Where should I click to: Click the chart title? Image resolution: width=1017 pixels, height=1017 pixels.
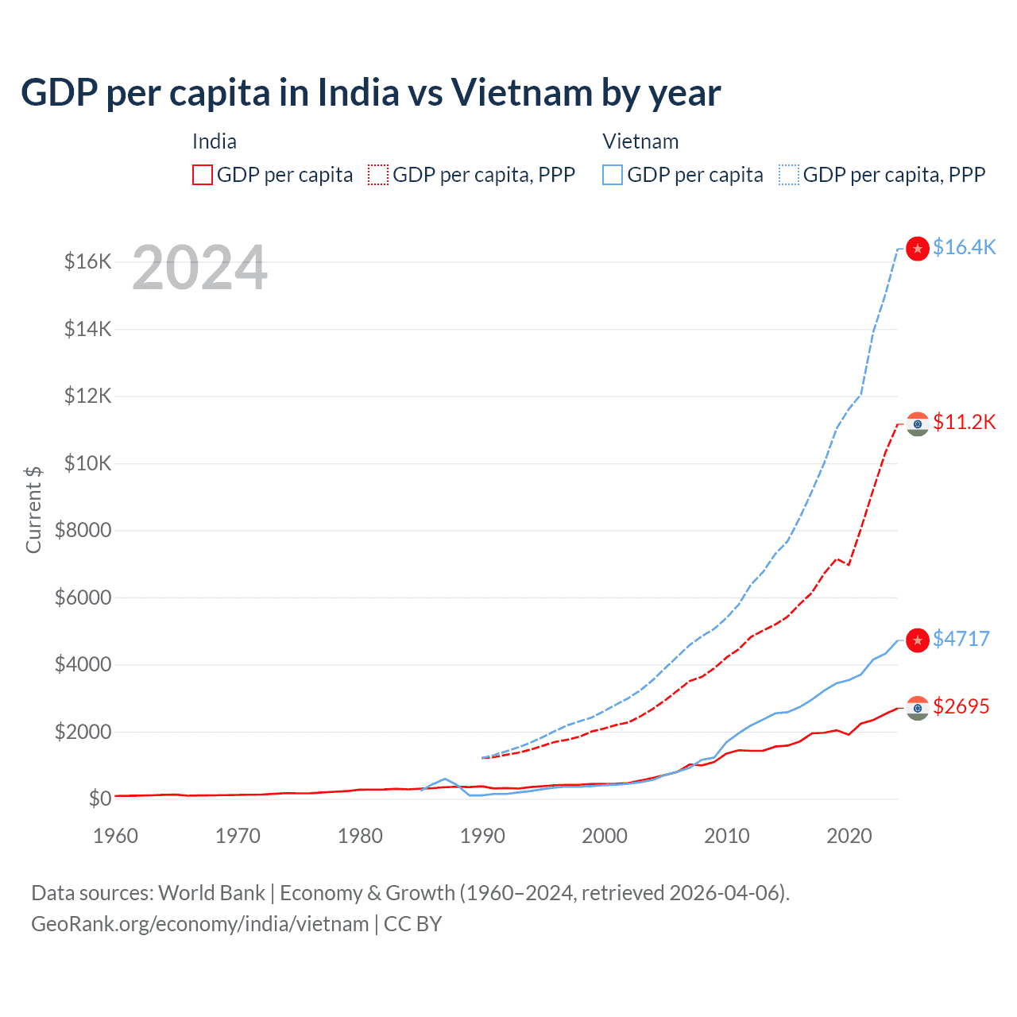point(370,93)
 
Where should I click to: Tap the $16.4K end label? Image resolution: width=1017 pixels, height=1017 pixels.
point(964,248)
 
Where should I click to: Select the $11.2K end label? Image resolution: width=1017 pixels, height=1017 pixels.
point(964,422)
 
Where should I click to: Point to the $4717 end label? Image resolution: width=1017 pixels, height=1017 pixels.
point(961,639)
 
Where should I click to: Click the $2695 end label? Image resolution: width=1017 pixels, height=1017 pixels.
point(961,706)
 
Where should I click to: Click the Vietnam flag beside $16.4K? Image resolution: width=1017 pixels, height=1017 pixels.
point(918,249)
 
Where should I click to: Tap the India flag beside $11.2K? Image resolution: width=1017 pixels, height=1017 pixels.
point(918,424)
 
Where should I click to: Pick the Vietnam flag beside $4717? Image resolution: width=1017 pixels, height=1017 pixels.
point(918,640)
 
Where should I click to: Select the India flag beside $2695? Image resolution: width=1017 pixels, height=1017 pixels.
point(918,708)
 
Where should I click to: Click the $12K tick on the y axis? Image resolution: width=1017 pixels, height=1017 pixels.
point(87,396)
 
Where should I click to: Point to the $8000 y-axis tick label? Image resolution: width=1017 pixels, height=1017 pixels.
point(83,530)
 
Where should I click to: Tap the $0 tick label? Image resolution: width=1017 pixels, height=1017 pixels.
point(99,799)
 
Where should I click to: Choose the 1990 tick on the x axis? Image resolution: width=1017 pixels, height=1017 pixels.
point(482,836)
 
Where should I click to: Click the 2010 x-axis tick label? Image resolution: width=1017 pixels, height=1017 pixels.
point(727,836)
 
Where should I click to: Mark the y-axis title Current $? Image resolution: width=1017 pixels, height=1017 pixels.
point(33,510)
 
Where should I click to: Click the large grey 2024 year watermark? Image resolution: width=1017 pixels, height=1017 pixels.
point(199,269)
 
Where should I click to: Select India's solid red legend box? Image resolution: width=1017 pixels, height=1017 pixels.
point(203,175)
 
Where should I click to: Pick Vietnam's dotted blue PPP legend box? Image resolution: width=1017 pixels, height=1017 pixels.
point(789,175)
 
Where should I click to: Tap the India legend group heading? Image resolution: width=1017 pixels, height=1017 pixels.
point(215,141)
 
